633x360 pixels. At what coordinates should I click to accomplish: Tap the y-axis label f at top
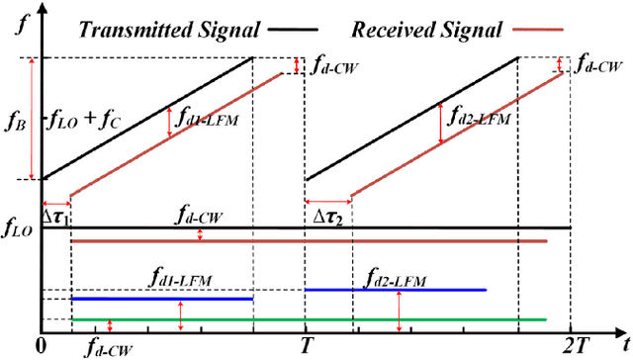(x=23, y=27)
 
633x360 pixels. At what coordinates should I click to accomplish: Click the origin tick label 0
(x=40, y=345)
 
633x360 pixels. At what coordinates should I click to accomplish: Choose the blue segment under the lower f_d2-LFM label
(x=396, y=290)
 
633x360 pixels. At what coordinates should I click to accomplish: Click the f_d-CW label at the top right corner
(x=598, y=66)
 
